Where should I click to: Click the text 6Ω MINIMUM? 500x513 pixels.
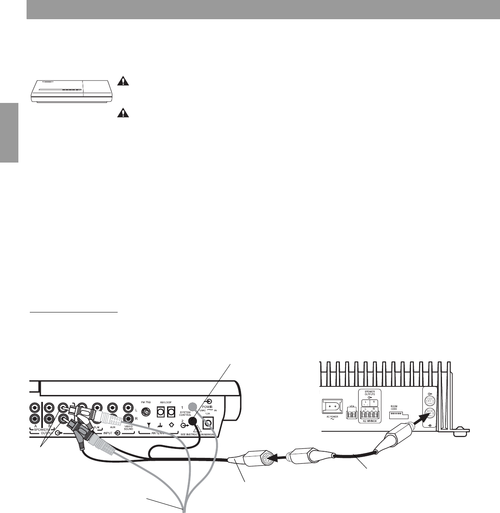tap(369, 420)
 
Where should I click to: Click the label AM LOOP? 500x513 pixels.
tap(166, 398)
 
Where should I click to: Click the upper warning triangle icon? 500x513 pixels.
tap(122, 80)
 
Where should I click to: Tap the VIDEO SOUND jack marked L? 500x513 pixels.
tap(129, 408)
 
